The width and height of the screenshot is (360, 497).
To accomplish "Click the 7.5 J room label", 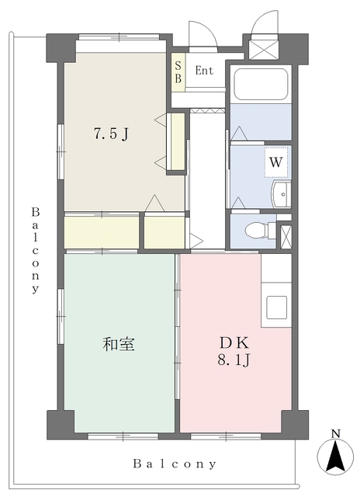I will tap(110, 133).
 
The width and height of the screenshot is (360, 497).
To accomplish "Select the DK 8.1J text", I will tap(233, 350).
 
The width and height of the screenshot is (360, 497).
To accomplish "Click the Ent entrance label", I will tap(204, 71).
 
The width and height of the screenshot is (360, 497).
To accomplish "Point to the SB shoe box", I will tap(178, 72).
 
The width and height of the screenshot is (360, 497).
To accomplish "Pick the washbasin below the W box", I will tap(279, 194).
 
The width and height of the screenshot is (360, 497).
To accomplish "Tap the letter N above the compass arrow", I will tap(335, 433).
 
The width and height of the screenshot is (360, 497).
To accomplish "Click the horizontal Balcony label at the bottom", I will tap(174, 464).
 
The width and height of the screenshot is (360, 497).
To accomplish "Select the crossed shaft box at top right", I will tap(265, 49).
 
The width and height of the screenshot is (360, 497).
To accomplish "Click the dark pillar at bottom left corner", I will tap(61, 424).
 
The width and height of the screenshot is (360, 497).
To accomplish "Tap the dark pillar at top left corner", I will tap(61, 49).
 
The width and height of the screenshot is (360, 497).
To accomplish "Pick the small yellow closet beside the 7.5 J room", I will tap(178, 141).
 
